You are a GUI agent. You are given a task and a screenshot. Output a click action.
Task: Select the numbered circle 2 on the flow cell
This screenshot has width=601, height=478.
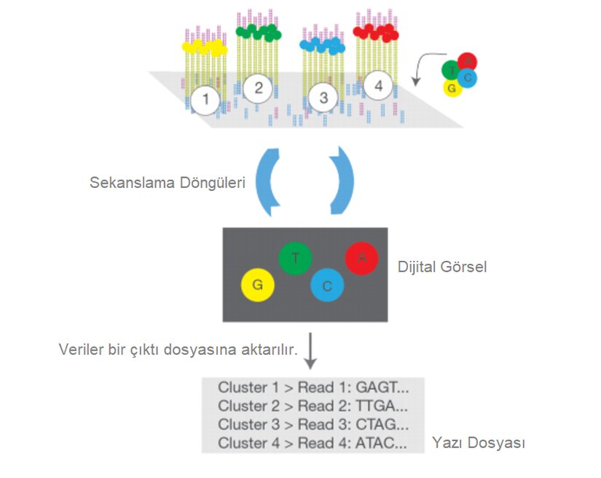click(x=257, y=89)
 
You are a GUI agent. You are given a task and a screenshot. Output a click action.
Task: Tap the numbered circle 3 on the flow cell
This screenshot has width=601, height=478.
click(x=324, y=98)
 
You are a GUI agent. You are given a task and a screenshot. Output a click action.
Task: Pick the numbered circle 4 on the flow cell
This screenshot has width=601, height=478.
click(x=377, y=86)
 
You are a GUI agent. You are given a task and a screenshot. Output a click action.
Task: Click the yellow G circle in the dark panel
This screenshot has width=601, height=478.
click(x=257, y=286)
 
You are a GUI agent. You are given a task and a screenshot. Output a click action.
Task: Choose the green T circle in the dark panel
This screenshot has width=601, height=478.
click(x=296, y=258)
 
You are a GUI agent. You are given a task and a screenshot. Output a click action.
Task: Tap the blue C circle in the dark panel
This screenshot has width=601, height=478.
click(x=327, y=286)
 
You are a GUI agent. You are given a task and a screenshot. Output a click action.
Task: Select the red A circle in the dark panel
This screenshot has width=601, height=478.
click(x=362, y=258)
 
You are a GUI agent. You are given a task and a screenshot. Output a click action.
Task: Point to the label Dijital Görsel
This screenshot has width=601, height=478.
click(x=443, y=267)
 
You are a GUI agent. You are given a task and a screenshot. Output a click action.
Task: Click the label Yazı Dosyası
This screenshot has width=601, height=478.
click(x=479, y=442)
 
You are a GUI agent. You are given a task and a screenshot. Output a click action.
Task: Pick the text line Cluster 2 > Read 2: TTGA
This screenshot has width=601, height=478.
click(x=313, y=406)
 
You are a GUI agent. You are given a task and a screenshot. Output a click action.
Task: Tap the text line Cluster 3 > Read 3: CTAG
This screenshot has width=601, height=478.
click(x=313, y=424)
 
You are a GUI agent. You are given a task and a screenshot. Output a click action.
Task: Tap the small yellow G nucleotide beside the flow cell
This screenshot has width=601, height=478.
click(x=452, y=88)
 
